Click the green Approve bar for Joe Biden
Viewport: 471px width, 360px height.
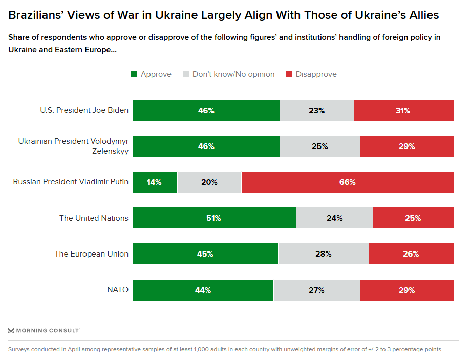(x=206, y=110)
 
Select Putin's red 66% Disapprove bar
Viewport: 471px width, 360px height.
(x=347, y=182)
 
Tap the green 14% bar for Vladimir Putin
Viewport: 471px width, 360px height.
(x=155, y=182)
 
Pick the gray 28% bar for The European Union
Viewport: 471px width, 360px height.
(x=323, y=253)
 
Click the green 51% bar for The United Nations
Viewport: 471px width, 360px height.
(x=214, y=218)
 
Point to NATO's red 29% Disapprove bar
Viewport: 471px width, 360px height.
(x=406, y=290)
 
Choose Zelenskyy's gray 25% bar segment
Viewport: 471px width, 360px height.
(x=319, y=146)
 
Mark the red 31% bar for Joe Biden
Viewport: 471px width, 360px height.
(x=403, y=110)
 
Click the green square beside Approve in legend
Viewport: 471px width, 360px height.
(x=134, y=74)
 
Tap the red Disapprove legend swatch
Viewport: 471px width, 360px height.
(x=289, y=74)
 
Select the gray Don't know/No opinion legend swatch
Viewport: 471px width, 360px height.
(x=186, y=74)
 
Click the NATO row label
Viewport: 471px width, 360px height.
(x=117, y=290)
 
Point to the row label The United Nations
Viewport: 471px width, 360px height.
(x=94, y=218)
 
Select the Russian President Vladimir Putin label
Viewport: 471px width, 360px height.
(x=71, y=182)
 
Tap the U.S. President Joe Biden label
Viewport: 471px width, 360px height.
(x=84, y=110)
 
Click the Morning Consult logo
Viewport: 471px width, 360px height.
(x=44, y=330)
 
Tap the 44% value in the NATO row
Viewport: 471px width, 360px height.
(x=203, y=290)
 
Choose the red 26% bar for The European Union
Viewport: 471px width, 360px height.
(x=411, y=253)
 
